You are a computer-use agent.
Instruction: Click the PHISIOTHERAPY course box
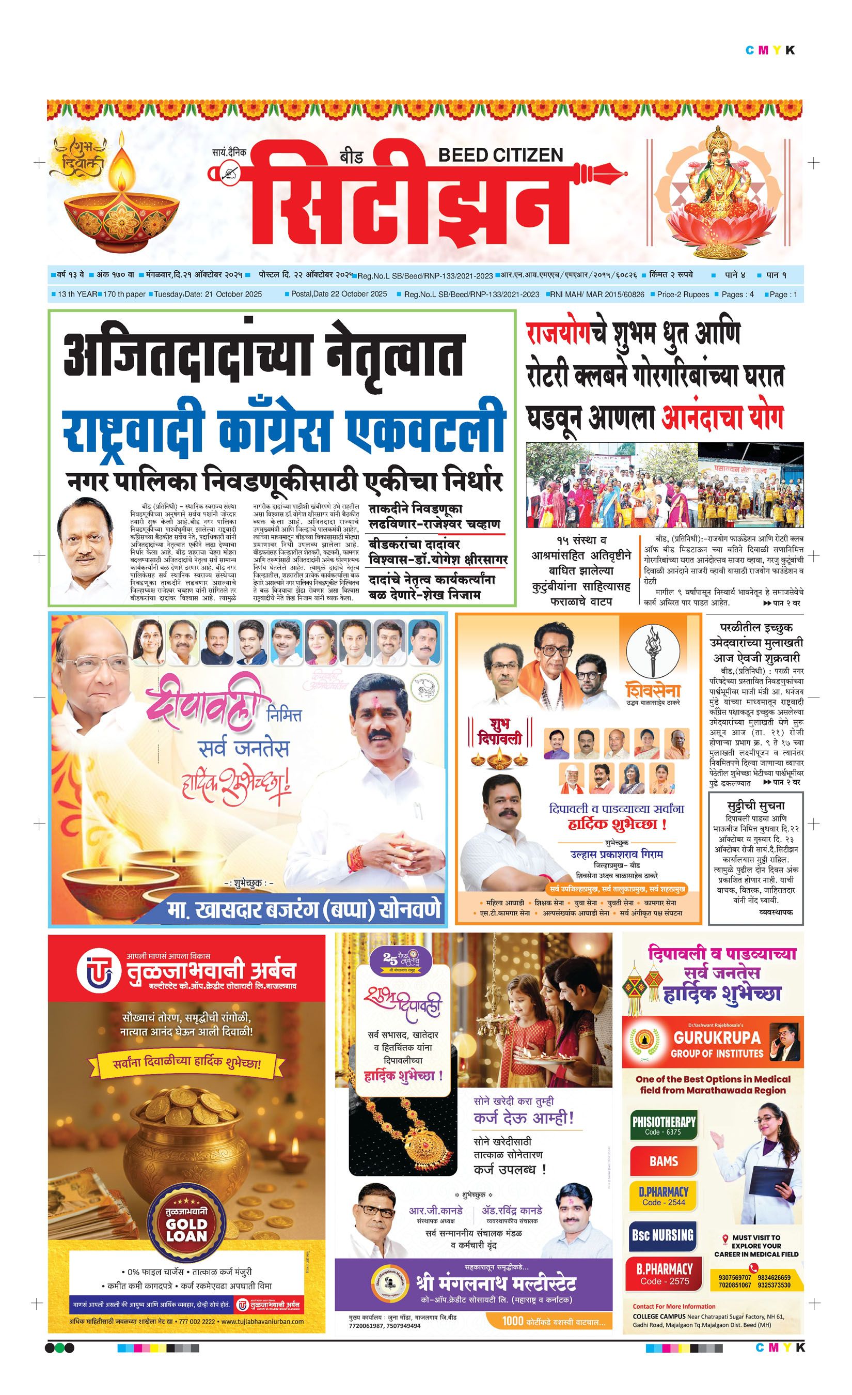(664, 1124)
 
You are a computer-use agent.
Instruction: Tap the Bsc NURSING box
(662, 1235)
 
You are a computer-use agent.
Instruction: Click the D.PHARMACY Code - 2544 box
(664, 1198)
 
